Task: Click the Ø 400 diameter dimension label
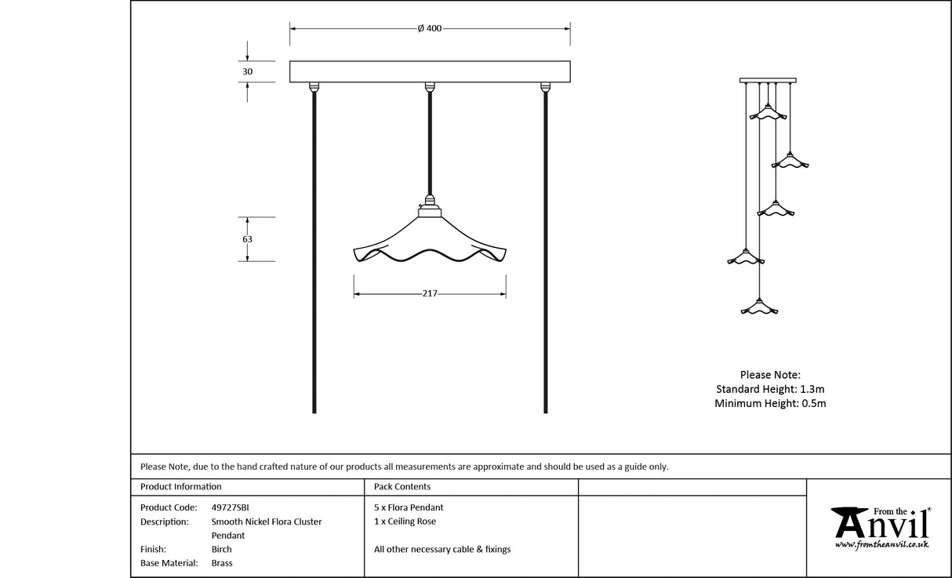tap(429, 28)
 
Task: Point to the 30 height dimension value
tap(248, 71)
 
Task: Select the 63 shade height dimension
tap(248, 238)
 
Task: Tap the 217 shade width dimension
tap(430, 294)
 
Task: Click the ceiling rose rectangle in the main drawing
tap(430, 71)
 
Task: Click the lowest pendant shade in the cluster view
tap(759, 307)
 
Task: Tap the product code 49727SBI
tap(231, 507)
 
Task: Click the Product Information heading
tap(181, 487)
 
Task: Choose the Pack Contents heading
tap(402, 487)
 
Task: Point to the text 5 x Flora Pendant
tap(409, 507)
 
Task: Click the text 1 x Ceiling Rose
tap(405, 522)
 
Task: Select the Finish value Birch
tap(222, 549)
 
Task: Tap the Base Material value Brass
tap(222, 563)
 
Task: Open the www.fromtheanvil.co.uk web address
tap(882, 543)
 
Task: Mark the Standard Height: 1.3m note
tap(770, 389)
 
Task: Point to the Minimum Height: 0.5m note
tap(770, 403)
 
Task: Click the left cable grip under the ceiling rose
tap(314, 86)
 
